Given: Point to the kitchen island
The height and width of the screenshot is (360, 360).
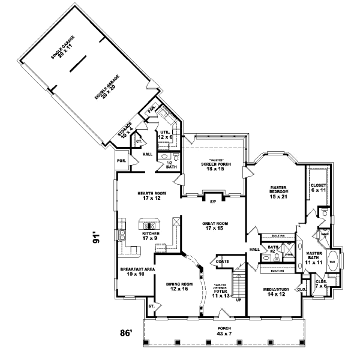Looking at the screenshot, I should pyautogui.click(x=149, y=224).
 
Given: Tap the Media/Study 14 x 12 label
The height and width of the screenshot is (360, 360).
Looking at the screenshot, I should pyautogui.click(x=277, y=292).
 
